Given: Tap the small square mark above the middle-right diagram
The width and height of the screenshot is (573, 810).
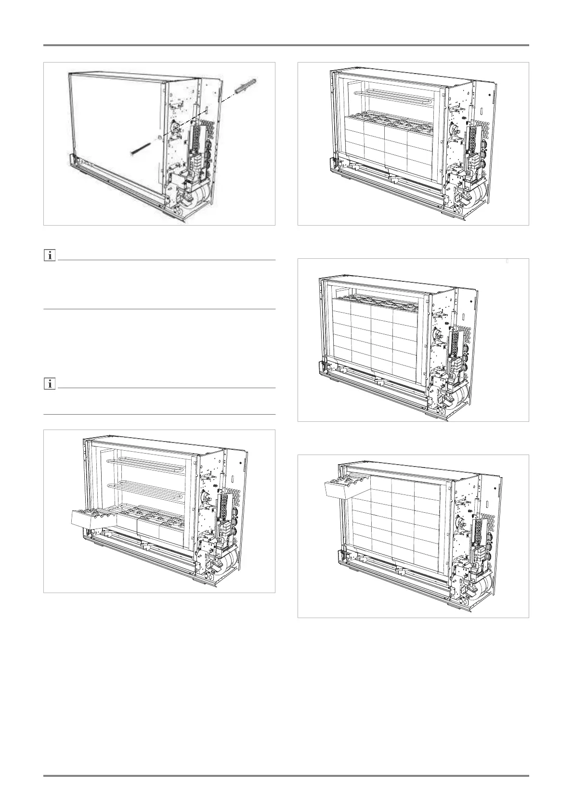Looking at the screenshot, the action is coord(508,262).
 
